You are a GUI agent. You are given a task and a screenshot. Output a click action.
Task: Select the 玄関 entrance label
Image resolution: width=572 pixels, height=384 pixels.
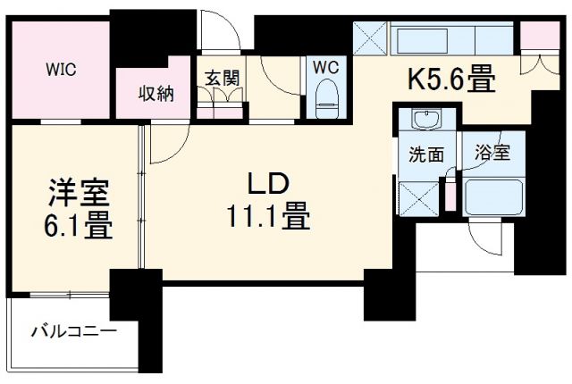pos(223,78)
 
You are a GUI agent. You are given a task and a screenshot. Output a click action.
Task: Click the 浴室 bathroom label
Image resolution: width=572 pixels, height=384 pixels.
pos(492,153)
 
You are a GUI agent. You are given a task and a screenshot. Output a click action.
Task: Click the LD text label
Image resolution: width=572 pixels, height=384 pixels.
pos(266,187)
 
